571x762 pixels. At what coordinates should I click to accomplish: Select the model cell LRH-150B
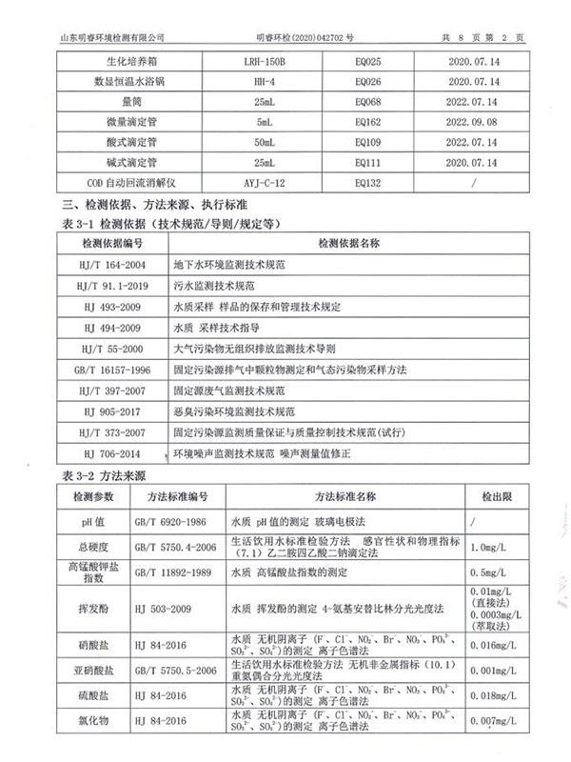(x=264, y=62)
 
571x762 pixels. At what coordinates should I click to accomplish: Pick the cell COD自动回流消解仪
(x=128, y=182)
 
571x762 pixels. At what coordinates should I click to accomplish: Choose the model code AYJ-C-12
(x=264, y=182)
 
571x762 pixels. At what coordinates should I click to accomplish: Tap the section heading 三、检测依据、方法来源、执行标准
(x=155, y=205)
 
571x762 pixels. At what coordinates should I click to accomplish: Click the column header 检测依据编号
(x=112, y=243)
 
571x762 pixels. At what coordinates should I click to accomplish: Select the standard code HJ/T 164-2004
(x=112, y=265)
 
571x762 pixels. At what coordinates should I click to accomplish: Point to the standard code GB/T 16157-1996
(x=112, y=371)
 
